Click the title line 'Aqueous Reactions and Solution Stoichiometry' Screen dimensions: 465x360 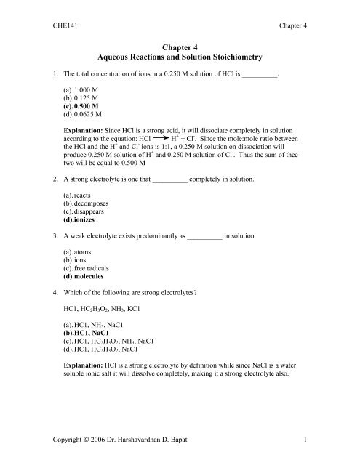pos(179,56)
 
